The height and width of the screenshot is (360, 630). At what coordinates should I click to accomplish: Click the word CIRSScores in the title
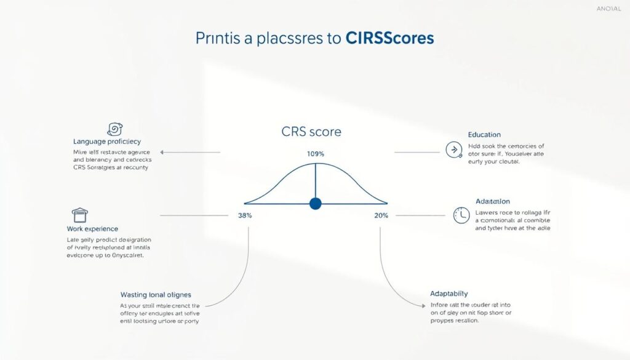coord(389,38)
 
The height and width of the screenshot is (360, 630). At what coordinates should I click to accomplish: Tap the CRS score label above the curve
coord(311,132)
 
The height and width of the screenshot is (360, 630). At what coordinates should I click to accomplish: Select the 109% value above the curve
coord(315,153)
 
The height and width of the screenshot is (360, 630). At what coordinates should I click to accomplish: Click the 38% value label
coord(245,215)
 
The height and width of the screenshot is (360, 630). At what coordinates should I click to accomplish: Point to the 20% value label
coord(381,215)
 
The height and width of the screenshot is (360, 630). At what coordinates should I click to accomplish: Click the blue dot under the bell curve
coord(316,203)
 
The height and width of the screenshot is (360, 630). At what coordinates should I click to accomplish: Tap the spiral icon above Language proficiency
coord(114,129)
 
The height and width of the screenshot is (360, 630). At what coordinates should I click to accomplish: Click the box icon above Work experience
coord(79,215)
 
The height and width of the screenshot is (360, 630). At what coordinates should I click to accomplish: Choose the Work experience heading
coord(92,229)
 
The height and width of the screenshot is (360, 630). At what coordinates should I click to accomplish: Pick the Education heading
coord(484,134)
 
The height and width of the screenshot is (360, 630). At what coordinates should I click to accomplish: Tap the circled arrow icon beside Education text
coord(453,149)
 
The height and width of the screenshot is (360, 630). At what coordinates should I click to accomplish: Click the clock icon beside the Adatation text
coord(461,214)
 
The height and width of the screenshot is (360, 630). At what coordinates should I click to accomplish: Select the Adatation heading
coord(492,201)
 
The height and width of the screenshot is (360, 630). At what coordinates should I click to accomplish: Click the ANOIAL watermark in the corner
coord(609,9)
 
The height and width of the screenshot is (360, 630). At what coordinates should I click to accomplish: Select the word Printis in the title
coord(218,38)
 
